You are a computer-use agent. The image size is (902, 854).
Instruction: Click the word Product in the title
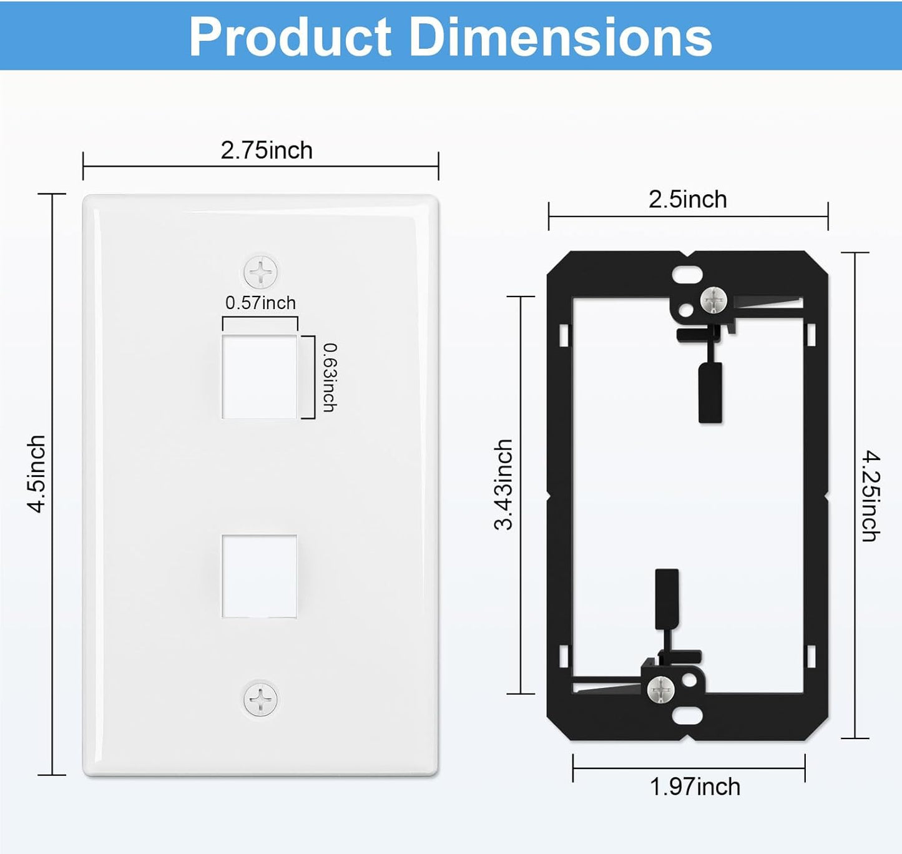pos(290,37)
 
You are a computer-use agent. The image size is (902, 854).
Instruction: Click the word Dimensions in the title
pos(560,37)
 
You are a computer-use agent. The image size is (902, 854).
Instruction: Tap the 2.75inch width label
pos(267,150)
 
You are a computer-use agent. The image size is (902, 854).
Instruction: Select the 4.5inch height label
pos(37,474)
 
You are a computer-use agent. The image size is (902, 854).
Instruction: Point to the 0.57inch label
pos(260,303)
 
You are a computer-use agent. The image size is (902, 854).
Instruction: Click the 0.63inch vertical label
pos(330,377)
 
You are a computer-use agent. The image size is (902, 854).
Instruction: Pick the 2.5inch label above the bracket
pos(687,200)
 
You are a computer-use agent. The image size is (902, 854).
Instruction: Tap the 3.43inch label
pos(503,484)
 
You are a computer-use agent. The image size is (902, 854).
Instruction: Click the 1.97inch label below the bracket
pos(695,787)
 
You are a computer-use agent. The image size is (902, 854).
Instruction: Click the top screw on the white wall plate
pos(260,272)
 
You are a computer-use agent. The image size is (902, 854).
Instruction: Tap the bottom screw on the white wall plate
pos(260,699)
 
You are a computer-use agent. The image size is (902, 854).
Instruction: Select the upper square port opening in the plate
pos(260,376)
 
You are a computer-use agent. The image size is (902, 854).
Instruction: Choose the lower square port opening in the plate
pos(260,576)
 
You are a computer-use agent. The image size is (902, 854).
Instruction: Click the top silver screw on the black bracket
pos(713,300)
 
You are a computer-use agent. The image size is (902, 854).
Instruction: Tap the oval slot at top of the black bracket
pos(687,273)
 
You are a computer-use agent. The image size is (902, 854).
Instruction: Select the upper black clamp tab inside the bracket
pos(710,392)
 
